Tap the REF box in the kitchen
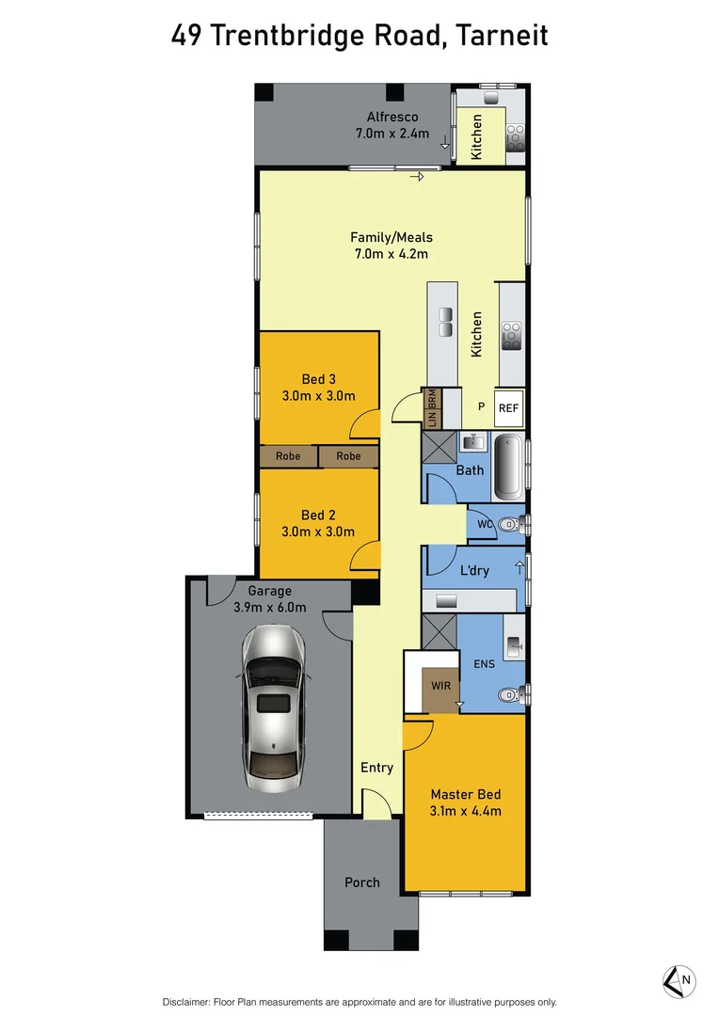click(508, 408)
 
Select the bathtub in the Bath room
click(507, 467)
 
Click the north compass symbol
click(678, 981)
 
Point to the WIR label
click(440, 687)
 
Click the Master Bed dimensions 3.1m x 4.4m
click(465, 811)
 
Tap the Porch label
click(362, 882)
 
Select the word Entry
click(376, 768)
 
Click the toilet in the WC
click(508, 525)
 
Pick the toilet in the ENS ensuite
click(508, 695)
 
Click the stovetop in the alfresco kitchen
click(516, 138)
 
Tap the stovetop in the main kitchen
click(512, 335)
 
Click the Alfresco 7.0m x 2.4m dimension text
click(391, 134)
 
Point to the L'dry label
click(473, 571)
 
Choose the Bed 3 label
click(319, 379)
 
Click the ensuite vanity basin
click(515, 645)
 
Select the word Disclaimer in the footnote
click(191, 1002)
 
